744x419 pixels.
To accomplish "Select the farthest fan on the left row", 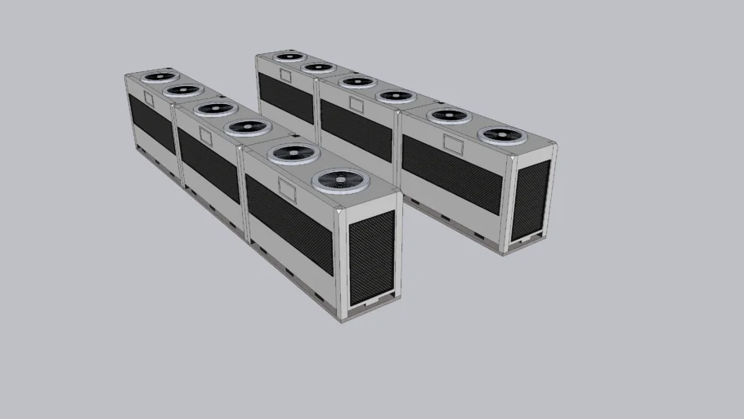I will [159, 77].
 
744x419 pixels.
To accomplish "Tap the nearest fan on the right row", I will [502, 136].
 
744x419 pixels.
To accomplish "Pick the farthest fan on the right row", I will [289, 56].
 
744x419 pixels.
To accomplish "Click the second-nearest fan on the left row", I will [293, 152].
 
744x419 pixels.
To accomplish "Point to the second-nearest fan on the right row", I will [449, 116].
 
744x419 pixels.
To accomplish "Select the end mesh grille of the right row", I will [531, 199].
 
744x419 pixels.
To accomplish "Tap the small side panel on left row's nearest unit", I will [287, 190].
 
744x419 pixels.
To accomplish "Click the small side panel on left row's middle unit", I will [205, 137].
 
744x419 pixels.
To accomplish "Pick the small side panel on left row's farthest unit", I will [149, 99].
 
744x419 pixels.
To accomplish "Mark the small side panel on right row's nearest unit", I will [454, 143].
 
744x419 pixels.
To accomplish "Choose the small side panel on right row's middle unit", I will [356, 105].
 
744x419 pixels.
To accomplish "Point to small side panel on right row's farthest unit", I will [285, 75].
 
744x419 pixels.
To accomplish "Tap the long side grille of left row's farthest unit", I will [151, 123].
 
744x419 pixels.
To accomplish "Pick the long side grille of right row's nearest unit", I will [451, 174].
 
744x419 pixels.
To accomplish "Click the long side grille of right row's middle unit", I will [356, 130].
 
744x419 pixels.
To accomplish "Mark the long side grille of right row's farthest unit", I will [285, 97].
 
